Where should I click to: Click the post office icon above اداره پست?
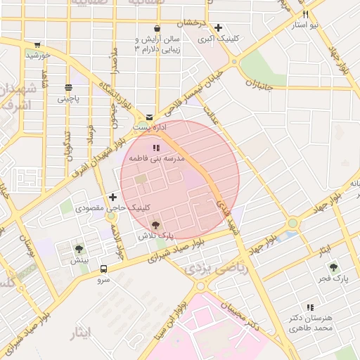pyautogui.click(x=150, y=116)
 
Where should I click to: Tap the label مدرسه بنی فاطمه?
pyautogui.click(x=155, y=159)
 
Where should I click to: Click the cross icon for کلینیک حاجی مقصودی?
pyautogui.click(x=112, y=197)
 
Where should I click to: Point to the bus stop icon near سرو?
pyautogui.click(x=103, y=269)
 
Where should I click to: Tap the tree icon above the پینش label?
pyautogui.click(x=79, y=248)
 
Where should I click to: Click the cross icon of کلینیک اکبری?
pyautogui.click(x=219, y=27)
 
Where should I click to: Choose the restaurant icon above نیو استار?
pyautogui.click(x=305, y=14)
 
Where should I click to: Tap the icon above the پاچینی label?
pyautogui.click(x=68, y=89)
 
